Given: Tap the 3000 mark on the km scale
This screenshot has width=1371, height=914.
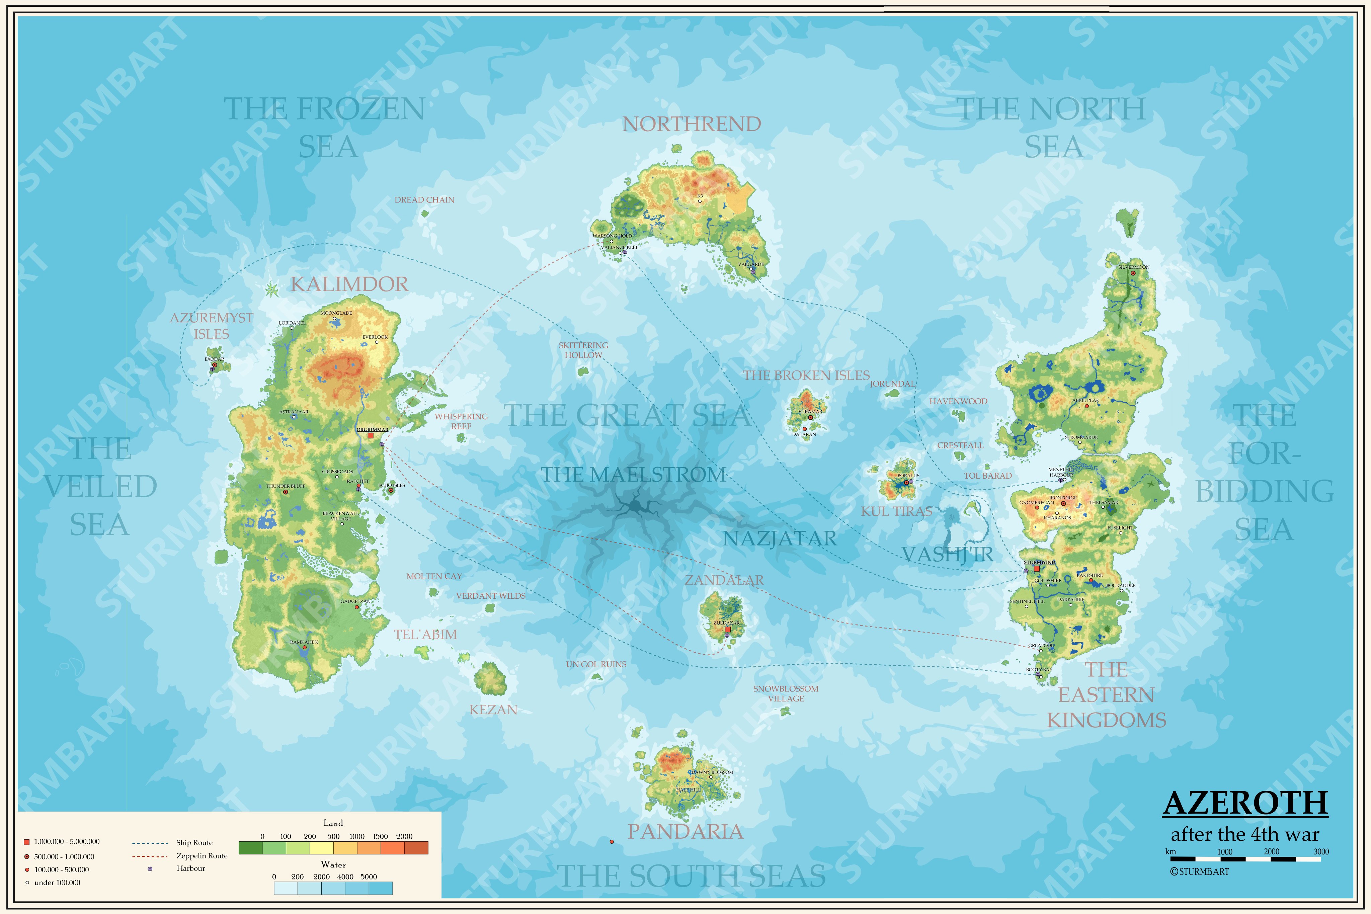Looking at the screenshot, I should click(1321, 852).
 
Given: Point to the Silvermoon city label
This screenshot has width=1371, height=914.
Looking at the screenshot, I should click(1133, 267).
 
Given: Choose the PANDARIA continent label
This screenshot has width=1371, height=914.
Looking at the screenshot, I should click(685, 832).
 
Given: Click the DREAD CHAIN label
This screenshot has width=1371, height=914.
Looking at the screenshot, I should click(424, 200).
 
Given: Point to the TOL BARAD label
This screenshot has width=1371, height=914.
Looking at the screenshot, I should click(987, 476).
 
